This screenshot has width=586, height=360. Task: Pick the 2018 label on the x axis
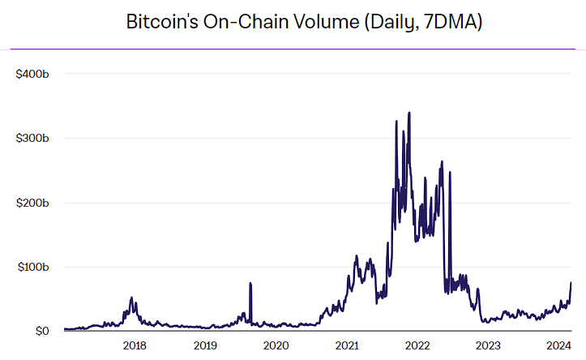coord(134,345)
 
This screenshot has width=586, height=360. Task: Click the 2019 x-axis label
coord(205,345)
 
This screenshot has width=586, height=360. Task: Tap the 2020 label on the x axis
coord(276,345)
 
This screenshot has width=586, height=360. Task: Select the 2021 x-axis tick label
coord(347,345)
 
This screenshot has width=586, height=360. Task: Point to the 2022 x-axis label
coord(417,345)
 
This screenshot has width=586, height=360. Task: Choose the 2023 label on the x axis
coord(489,345)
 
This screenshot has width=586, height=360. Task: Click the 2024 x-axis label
coord(559,345)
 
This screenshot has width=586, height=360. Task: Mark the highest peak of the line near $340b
coord(408,114)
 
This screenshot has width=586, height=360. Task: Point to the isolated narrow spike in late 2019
coord(250,284)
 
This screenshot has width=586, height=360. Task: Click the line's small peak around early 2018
coord(131,298)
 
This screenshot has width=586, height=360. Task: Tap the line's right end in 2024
coord(571,283)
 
